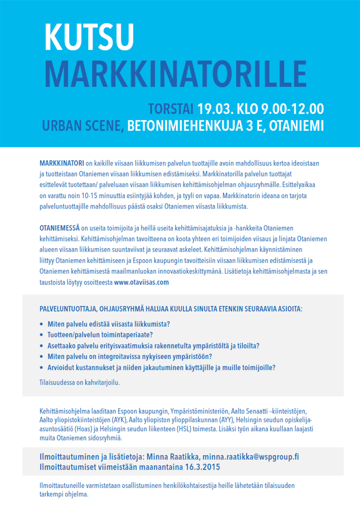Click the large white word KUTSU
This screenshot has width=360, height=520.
(x=89, y=37)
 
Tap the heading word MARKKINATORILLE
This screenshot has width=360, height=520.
(x=176, y=74)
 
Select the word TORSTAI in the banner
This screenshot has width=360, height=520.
(x=171, y=109)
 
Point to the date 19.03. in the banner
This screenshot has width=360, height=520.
(x=215, y=109)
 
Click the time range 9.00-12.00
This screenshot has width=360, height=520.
(x=292, y=109)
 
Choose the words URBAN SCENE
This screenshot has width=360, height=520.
(x=83, y=126)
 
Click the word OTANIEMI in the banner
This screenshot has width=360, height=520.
(x=297, y=126)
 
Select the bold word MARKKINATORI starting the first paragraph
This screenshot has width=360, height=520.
(x=62, y=163)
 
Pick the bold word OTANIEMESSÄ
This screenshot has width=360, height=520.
(x=59, y=228)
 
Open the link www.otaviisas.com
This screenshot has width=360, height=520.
(x=141, y=282)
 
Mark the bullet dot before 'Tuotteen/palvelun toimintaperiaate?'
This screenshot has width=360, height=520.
(x=42, y=335)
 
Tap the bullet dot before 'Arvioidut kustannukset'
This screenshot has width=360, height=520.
(x=42, y=368)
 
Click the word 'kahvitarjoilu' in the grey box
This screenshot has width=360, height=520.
(x=102, y=383)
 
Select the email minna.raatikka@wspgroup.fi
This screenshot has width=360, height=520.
(x=251, y=457)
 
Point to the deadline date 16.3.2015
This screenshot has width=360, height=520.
(x=202, y=467)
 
